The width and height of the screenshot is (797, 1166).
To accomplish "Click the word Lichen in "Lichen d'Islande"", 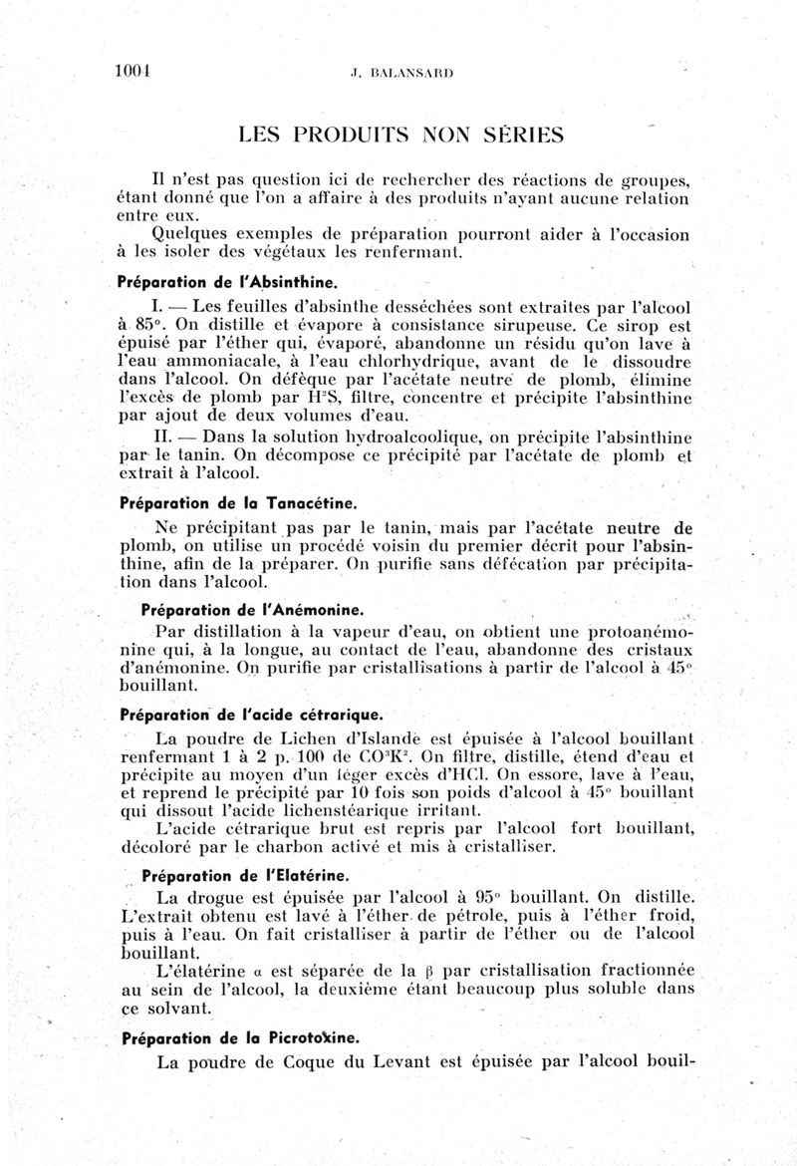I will pyautogui.click(x=287, y=740).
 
